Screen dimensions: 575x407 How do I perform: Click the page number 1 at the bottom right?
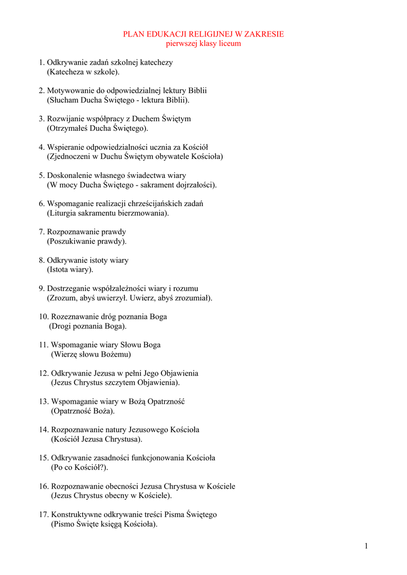tap(366, 546)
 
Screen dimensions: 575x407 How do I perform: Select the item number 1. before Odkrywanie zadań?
tap(42, 62)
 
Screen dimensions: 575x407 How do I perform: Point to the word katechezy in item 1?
tap(157, 62)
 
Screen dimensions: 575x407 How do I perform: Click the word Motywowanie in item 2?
tap(68, 90)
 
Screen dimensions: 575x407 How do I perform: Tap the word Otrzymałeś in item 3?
tap(70, 129)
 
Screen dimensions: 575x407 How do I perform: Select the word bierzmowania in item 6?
tap(144, 213)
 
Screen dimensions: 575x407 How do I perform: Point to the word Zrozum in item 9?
tap(63, 298)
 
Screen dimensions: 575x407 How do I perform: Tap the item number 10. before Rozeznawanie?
tap(44, 317)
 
